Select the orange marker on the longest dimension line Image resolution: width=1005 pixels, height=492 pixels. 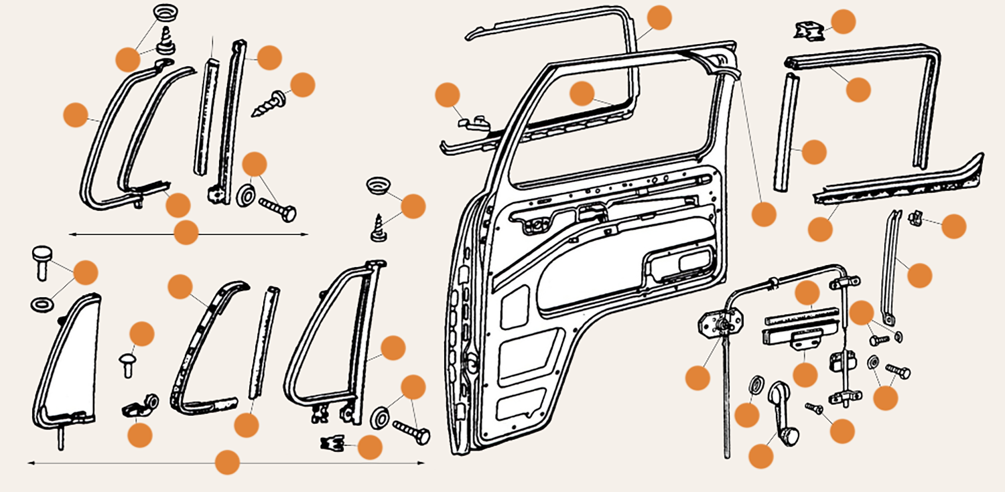click(227, 463)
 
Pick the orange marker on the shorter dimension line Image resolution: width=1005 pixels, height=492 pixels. click(186, 233)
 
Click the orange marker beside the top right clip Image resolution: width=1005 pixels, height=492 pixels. click(844, 21)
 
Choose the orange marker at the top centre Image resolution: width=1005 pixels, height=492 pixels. click(659, 17)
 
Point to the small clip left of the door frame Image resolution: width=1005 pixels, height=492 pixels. click(472, 122)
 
